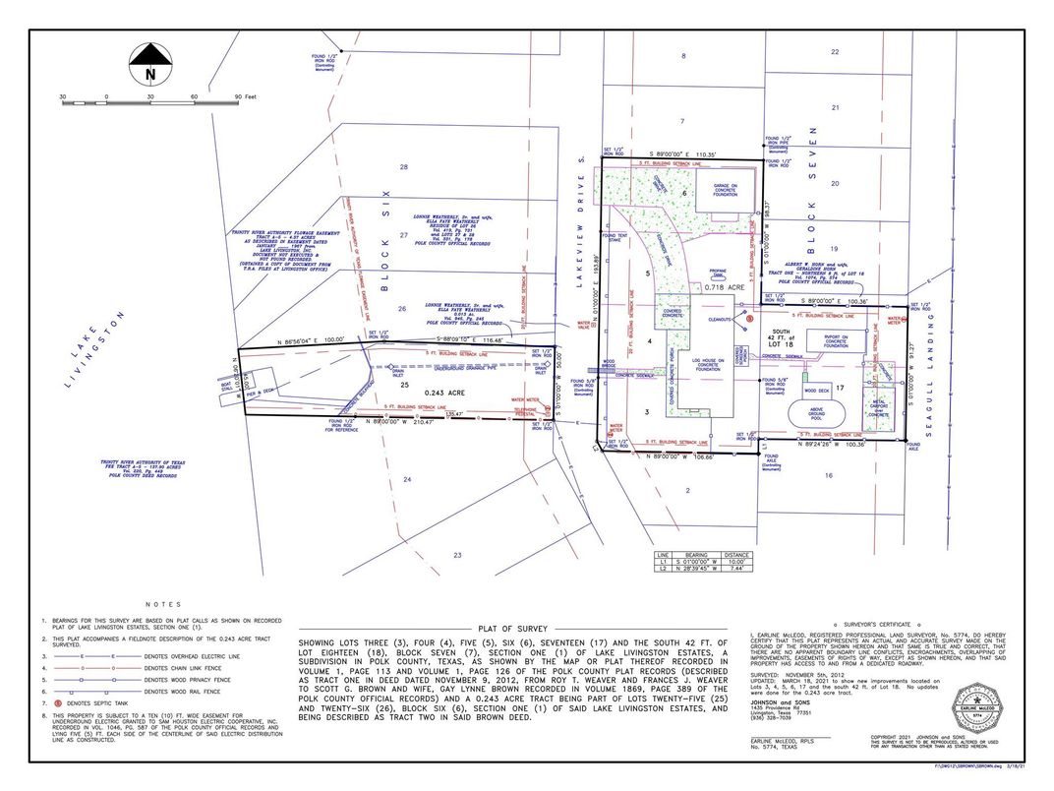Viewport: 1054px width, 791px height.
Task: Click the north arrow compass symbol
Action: tap(150, 65)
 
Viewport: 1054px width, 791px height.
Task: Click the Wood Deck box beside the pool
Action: tap(817, 391)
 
